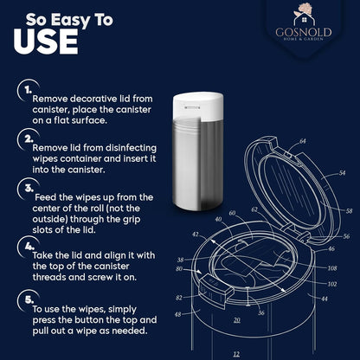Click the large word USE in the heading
click(46, 42)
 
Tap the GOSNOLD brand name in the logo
click(304, 32)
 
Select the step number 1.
click(28, 90)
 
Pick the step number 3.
click(29, 189)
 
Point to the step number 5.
click(29, 300)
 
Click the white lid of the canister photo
click(198, 105)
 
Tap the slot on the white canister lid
click(192, 108)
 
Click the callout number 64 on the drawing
click(302, 141)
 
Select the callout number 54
click(342, 173)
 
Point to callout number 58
click(349, 211)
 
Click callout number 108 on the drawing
click(332, 268)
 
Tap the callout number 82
click(179, 298)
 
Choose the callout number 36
click(261, 313)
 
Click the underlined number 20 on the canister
click(237, 320)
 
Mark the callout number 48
click(178, 314)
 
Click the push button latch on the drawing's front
click(215, 288)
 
